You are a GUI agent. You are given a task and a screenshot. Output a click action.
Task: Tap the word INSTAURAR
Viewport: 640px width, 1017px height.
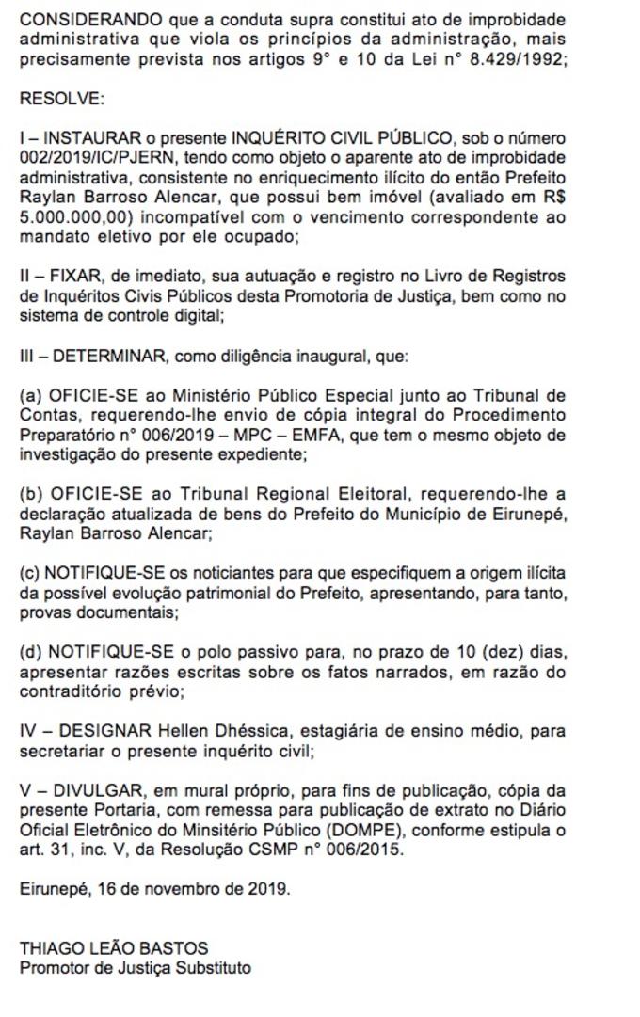[93, 138]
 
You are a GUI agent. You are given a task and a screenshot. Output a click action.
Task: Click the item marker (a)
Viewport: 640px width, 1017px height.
[31, 393]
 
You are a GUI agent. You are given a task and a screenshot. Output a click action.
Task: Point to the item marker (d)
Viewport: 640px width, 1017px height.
[31, 651]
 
